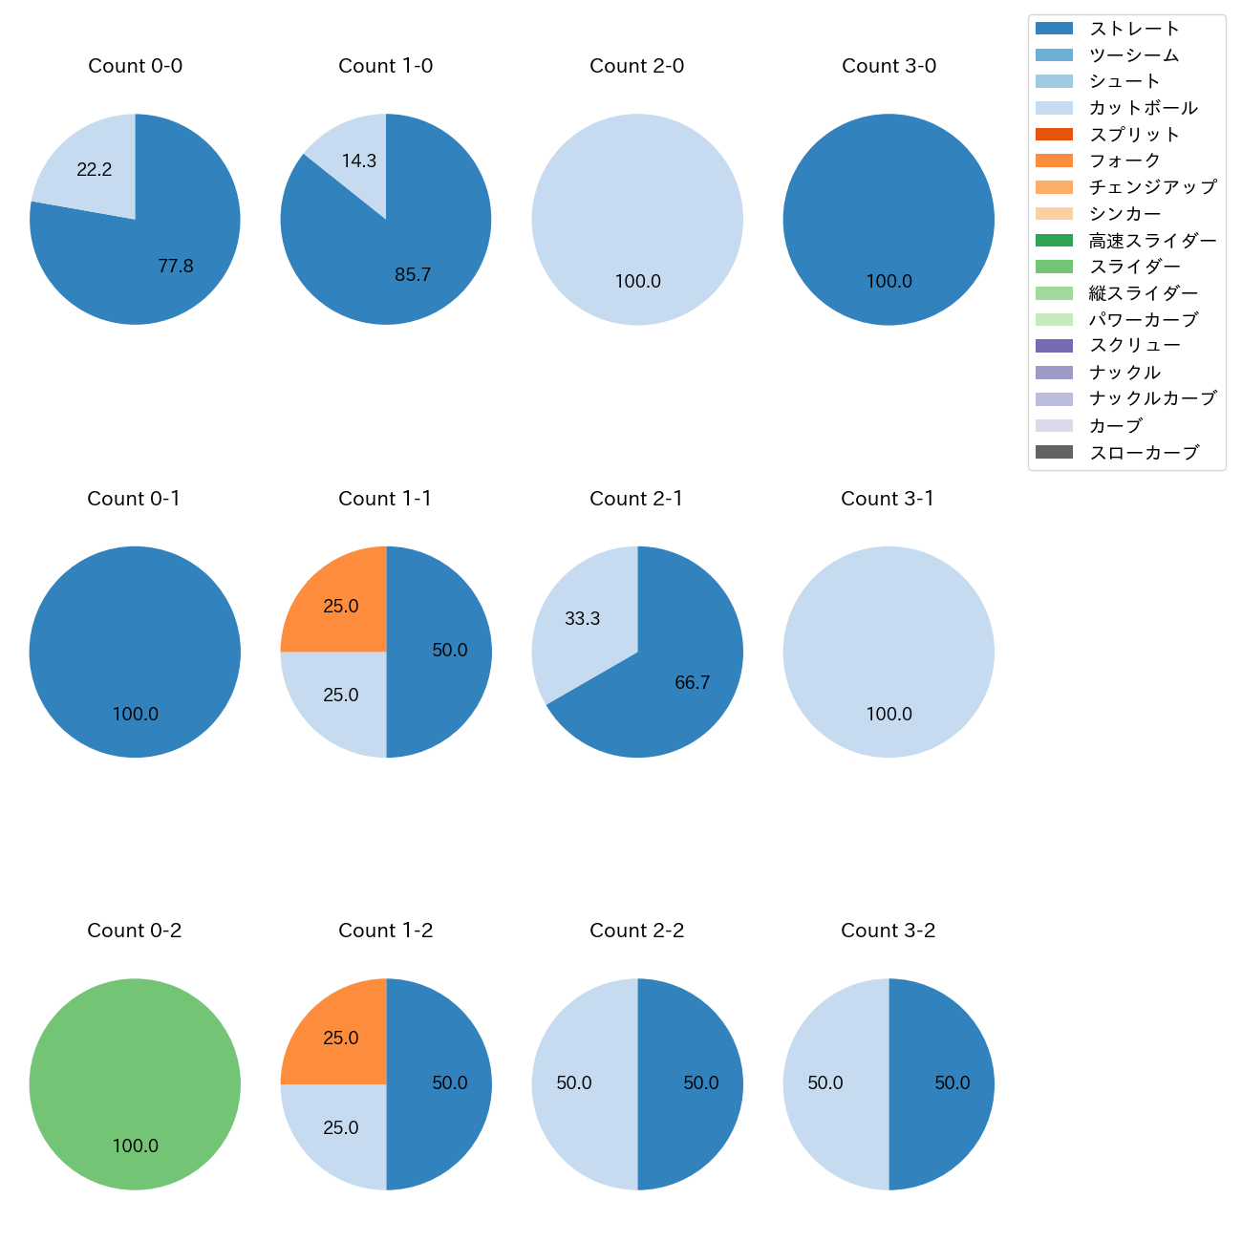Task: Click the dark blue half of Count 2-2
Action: pyautogui.click(x=693, y=1083)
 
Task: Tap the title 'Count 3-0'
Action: pyautogui.click(x=889, y=66)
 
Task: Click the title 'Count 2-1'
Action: pyautogui.click(x=636, y=499)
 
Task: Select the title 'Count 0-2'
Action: pyautogui.click(x=135, y=931)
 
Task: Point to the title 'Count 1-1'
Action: pyautogui.click(x=385, y=499)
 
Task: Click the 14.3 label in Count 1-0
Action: pyautogui.click(x=359, y=161)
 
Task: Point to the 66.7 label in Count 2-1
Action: pyautogui.click(x=692, y=683)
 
